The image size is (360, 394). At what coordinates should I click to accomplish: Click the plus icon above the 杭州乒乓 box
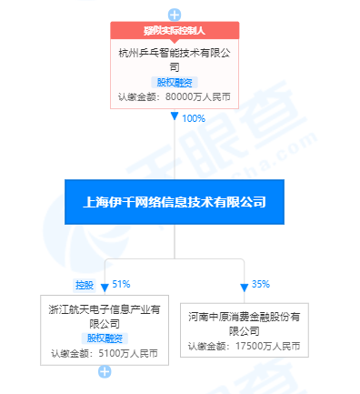click(175, 14)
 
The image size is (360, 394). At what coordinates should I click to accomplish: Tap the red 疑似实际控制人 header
click(175, 31)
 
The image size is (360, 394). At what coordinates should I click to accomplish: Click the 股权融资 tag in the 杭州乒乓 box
click(175, 81)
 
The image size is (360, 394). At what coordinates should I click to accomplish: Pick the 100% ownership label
click(194, 118)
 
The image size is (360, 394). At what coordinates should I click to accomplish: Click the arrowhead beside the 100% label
click(175, 118)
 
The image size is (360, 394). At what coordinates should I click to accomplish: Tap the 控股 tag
click(85, 284)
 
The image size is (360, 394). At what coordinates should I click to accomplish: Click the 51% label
click(122, 284)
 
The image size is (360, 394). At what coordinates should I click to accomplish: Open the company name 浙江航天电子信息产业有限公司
click(105, 316)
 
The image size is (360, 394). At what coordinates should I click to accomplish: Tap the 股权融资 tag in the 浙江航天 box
click(105, 338)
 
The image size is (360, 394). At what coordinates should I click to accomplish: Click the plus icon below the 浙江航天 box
click(105, 371)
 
